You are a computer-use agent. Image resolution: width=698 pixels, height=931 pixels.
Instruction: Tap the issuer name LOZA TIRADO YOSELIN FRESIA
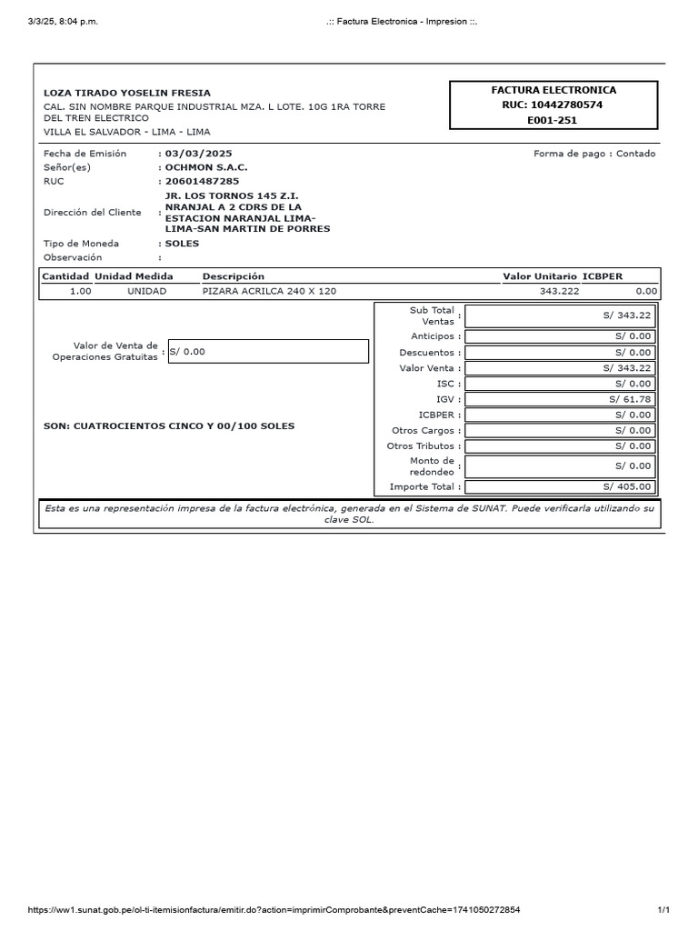click(127, 93)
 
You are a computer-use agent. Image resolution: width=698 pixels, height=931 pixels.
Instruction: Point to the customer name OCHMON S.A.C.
click(205, 167)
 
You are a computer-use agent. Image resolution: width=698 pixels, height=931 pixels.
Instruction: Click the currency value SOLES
click(182, 244)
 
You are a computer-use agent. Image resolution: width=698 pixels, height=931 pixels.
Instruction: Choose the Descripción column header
click(233, 276)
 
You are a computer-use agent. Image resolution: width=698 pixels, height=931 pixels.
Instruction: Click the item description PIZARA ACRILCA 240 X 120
click(269, 291)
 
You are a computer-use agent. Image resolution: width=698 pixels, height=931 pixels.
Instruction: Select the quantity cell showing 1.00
click(80, 291)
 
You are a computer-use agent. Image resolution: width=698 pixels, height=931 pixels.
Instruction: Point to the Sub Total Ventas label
click(433, 315)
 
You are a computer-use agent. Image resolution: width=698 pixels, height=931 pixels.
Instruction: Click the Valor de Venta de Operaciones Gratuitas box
click(267, 351)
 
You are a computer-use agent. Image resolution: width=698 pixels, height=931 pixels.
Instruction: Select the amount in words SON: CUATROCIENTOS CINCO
click(169, 425)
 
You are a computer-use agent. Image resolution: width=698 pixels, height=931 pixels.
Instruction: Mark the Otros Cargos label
click(423, 430)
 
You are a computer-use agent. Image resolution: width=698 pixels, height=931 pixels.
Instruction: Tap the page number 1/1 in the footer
click(663, 909)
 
